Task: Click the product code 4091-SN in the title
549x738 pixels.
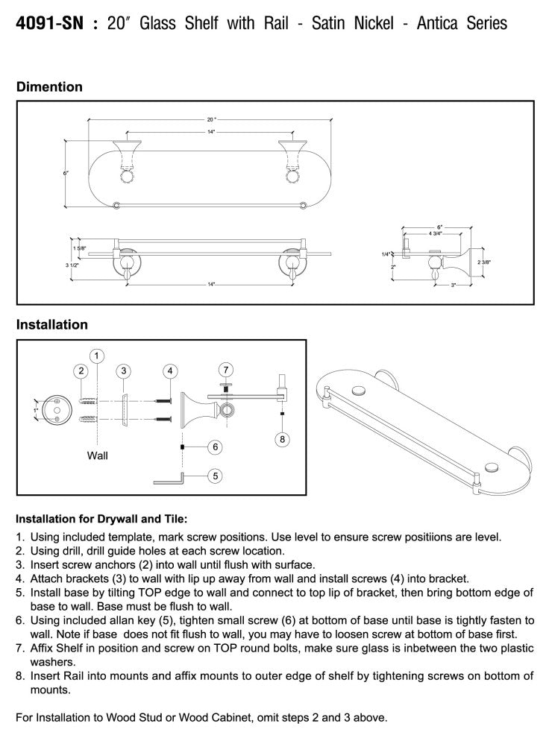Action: [x=47, y=24]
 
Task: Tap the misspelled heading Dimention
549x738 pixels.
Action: [x=49, y=87]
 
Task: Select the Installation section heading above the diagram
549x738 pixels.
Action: [x=52, y=325]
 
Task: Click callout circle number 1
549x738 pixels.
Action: [x=97, y=354]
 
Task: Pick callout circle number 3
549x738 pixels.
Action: [x=125, y=370]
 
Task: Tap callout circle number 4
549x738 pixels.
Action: [x=171, y=370]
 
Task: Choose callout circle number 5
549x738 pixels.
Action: [x=215, y=474]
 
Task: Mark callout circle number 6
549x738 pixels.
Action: [x=215, y=447]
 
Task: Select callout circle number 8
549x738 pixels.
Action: [x=282, y=439]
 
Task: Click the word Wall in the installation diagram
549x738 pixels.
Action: [x=98, y=455]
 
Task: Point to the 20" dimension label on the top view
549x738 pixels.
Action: [x=211, y=119]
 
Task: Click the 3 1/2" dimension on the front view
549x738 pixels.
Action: [x=72, y=264]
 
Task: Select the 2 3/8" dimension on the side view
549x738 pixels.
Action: [x=485, y=262]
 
